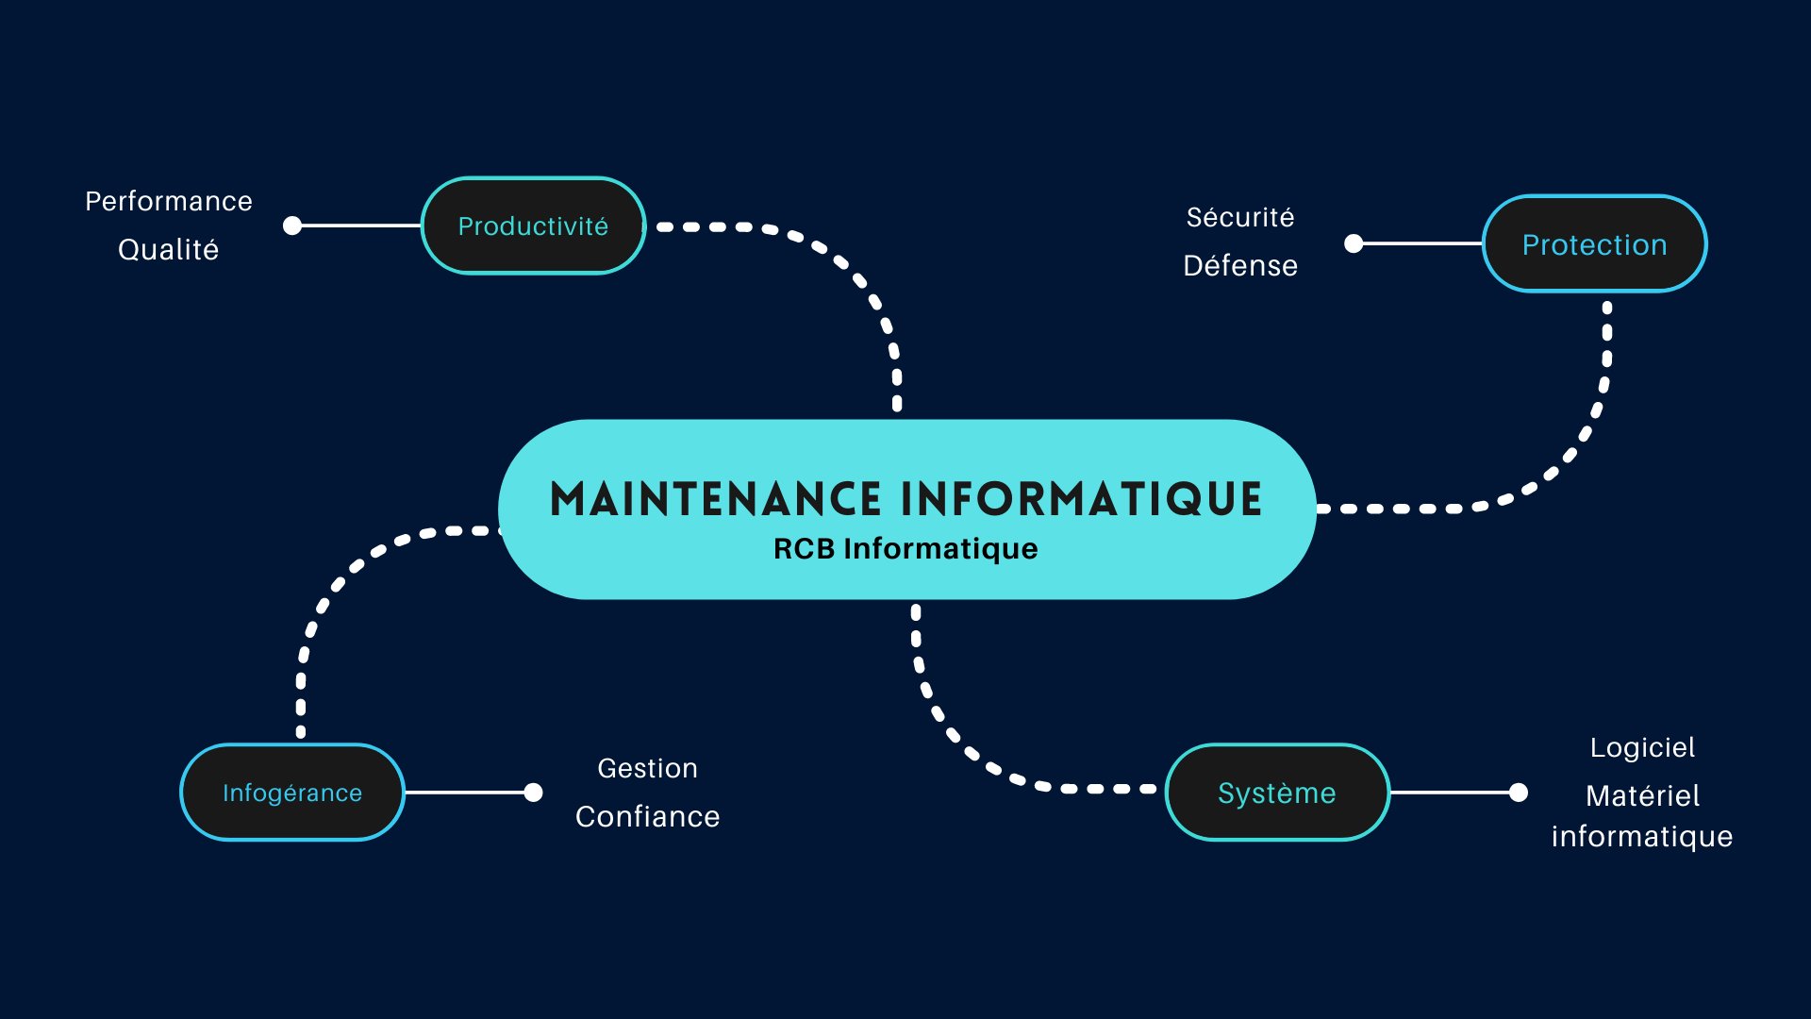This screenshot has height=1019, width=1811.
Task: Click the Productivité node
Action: click(x=533, y=226)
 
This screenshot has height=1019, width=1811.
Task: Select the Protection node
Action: click(x=1595, y=243)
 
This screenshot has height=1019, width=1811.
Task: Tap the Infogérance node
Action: click(x=292, y=793)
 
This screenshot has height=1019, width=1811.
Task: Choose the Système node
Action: click(x=1278, y=793)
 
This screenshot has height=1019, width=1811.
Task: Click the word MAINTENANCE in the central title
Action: click(x=716, y=499)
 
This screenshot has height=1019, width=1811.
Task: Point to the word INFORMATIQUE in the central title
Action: click(x=1081, y=499)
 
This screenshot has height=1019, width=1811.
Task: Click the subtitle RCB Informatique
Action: click(x=905, y=549)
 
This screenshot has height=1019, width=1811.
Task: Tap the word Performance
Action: click(x=169, y=201)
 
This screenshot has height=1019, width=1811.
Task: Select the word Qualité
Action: click(x=169, y=250)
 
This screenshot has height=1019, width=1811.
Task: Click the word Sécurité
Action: click(x=1240, y=217)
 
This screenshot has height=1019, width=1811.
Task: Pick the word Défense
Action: click(x=1240, y=265)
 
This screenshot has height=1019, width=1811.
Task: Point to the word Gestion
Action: click(x=648, y=768)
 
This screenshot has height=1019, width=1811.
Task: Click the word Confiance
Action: click(x=648, y=816)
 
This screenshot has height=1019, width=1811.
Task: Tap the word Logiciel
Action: click(x=1643, y=748)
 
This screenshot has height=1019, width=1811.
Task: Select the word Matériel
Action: click(x=1643, y=795)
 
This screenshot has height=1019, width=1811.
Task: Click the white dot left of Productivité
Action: click(x=292, y=226)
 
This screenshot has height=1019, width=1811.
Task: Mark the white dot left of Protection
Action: click(x=1354, y=243)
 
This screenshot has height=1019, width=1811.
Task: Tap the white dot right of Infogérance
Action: click(x=533, y=793)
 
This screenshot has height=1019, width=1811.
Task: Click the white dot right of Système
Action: click(x=1519, y=793)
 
